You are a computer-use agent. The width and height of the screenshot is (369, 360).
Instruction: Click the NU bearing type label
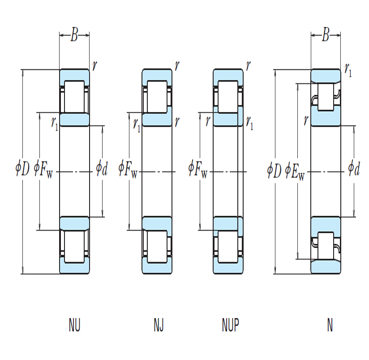[75, 325]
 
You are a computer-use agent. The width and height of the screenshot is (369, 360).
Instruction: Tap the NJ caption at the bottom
[159, 325]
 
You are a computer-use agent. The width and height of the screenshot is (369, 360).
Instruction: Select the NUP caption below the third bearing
[230, 325]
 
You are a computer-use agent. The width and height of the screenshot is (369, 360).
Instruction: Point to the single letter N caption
[330, 325]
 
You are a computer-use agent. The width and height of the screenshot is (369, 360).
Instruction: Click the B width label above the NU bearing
[74, 35]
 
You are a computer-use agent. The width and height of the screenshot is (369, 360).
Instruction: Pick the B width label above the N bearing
[326, 35]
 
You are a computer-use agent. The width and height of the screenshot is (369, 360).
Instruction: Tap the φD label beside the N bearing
[275, 170]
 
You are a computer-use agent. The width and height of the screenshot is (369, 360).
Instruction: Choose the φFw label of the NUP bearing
[197, 169]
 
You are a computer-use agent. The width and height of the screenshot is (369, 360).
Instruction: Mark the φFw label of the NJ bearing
[128, 169]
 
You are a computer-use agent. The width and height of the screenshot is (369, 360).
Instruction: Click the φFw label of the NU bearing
[43, 169]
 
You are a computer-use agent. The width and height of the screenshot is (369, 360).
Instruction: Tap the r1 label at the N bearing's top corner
[348, 70]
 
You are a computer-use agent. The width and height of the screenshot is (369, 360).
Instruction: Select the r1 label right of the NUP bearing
[249, 123]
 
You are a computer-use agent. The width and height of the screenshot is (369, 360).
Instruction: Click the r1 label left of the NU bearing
[54, 124]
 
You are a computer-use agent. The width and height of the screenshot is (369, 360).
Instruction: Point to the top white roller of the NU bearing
[74, 97]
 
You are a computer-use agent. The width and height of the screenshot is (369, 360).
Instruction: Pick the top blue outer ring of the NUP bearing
[228, 76]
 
